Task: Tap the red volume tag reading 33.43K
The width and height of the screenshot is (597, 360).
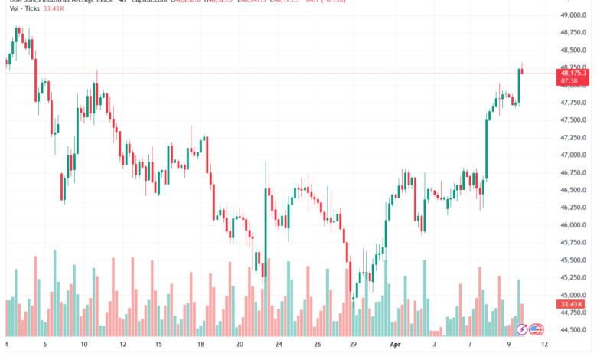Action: point(567,304)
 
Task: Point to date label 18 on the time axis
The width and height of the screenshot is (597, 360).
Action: point(201,345)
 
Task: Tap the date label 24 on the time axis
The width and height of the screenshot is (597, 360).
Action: point(279,345)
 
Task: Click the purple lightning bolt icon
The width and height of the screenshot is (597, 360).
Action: point(522,329)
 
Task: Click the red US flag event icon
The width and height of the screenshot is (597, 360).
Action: point(536,329)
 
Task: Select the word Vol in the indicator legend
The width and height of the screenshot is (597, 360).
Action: point(15,8)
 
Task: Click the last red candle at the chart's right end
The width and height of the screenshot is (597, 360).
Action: point(522,71)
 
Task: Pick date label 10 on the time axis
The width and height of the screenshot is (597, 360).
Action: point(83,345)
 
